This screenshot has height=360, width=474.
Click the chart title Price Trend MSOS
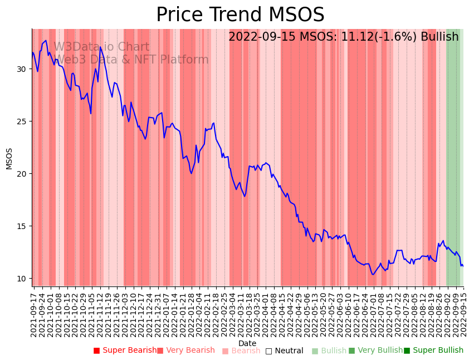click(x=240, y=15)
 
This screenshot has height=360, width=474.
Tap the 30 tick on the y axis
click(x=21, y=69)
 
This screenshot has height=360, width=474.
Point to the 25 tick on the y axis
click(x=21, y=121)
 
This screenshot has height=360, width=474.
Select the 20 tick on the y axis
click(x=21, y=174)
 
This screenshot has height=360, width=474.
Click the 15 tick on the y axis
click(x=21, y=226)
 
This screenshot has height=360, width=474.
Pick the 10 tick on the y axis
click(x=21, y=279)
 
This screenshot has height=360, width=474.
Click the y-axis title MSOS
click(x=9, y=159)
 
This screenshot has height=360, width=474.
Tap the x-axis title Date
click(x=247, y=343)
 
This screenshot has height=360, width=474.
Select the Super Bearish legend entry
click(x=125, y=351)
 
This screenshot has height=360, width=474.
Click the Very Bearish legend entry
click(x=186, y=351)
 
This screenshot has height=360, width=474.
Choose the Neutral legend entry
click(x=285, y=351)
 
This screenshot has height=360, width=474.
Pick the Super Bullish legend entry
click(x=434, y=351)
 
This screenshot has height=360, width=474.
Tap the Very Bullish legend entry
click(x=376, y=351)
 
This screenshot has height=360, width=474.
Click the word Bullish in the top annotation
click(x=439, y=37)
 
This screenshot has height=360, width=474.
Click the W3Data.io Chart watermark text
click(x=101, y=47)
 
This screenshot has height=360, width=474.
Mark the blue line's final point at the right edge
click(x=463, y=266)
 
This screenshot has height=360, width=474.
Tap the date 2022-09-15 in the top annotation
click(x=262, y=37)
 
